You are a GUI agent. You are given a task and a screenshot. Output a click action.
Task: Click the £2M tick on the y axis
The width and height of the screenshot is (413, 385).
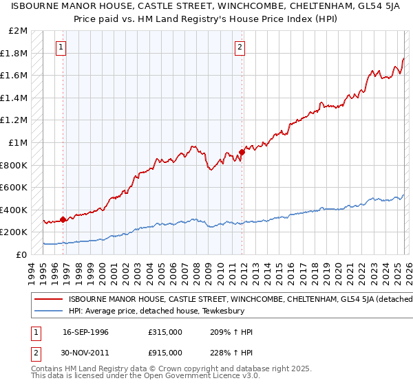19,31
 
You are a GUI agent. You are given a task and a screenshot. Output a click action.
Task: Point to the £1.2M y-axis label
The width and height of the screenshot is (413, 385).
15,120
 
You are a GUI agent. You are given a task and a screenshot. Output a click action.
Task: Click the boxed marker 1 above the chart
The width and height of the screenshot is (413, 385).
62,47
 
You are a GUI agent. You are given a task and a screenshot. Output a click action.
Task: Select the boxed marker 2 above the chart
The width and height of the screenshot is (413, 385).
240,47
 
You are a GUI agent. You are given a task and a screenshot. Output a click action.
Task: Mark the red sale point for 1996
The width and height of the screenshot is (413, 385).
63,219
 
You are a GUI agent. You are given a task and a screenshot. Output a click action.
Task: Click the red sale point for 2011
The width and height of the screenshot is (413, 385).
242,152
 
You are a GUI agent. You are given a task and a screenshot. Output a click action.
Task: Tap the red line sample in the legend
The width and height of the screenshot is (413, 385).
47,299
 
